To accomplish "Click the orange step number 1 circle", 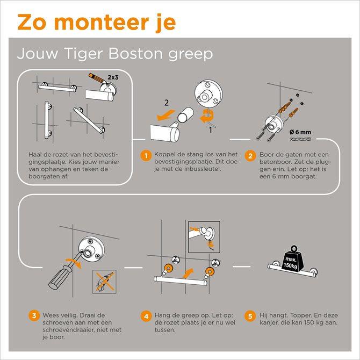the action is (x=146, y=156).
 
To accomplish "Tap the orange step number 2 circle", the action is (x=250, y=156).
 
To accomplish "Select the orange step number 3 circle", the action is (x=34, y=316).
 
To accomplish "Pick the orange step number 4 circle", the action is (x=146, y=316).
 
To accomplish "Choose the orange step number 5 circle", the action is (x=250, y=316).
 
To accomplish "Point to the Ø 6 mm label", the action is (x=300, y=132).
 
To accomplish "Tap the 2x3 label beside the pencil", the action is (x=113, y=77).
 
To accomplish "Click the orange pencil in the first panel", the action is (x=97, y=79).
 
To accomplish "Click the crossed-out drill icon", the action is (x=104, y=282).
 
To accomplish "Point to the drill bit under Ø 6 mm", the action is (x=300, y=139).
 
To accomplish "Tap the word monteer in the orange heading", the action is (x=102, y=23).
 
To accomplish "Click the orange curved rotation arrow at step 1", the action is (x=207, y=116).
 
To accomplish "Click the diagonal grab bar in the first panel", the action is (x=89, y=120).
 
